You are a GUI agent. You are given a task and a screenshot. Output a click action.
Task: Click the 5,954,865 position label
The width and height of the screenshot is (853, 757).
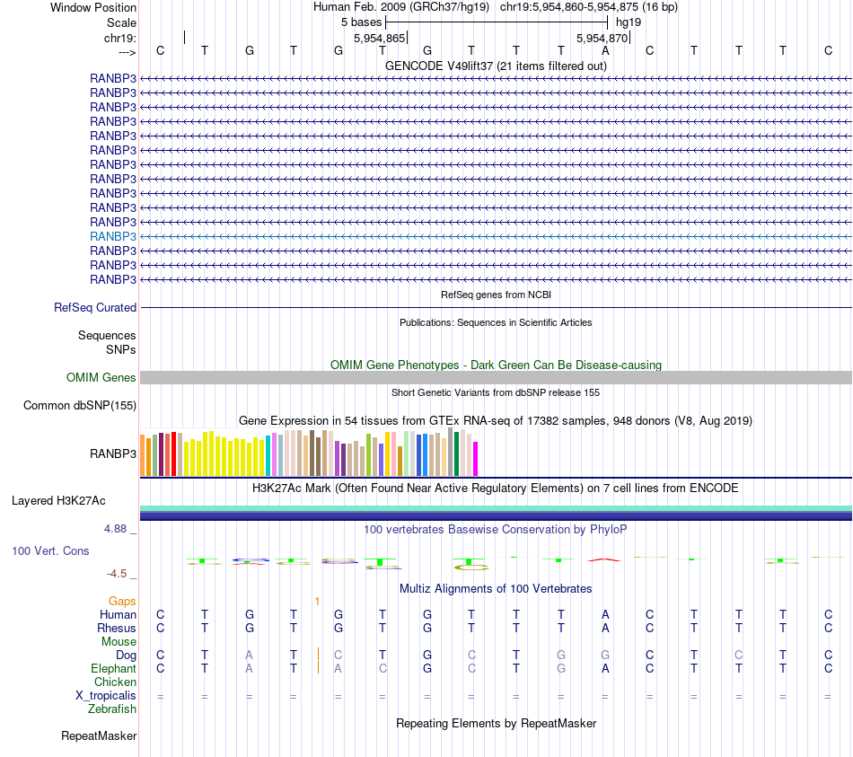pos(380,38)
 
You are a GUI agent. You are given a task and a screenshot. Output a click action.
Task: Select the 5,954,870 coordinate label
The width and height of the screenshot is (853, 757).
pos(602,38)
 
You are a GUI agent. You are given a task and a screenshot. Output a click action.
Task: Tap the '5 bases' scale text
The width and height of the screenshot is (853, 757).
pos(361,22)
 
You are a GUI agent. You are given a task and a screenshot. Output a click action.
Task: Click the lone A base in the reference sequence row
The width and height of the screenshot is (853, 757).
pos(605,50)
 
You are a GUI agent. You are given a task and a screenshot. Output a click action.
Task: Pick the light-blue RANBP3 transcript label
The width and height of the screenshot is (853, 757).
pos(113,236)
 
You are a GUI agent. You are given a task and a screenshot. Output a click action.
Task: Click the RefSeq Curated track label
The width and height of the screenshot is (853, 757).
pos(95,307)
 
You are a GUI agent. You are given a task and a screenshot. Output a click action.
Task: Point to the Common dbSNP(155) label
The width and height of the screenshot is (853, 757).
pos(80,405)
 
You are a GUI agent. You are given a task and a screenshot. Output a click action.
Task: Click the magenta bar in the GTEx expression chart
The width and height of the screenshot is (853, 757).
pos(476,458)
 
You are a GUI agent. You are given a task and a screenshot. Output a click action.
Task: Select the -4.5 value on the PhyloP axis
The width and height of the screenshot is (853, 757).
pos(117,573)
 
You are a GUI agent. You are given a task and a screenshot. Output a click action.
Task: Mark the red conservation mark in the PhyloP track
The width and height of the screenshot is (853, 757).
pos(604,559)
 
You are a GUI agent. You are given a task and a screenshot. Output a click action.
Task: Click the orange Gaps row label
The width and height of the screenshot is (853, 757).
pos(122,601)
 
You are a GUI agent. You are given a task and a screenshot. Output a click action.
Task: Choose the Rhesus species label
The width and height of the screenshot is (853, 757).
pos(118,628)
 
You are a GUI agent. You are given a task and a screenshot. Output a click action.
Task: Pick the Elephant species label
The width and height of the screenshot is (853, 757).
pos(114,668)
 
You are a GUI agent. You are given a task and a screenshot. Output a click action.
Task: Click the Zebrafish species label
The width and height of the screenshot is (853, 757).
pos(112,709)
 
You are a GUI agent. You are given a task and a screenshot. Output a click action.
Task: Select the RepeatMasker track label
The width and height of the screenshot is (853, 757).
pos(99,736)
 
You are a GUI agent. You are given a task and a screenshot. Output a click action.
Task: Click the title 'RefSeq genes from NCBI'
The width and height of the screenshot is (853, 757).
pos(496,295)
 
